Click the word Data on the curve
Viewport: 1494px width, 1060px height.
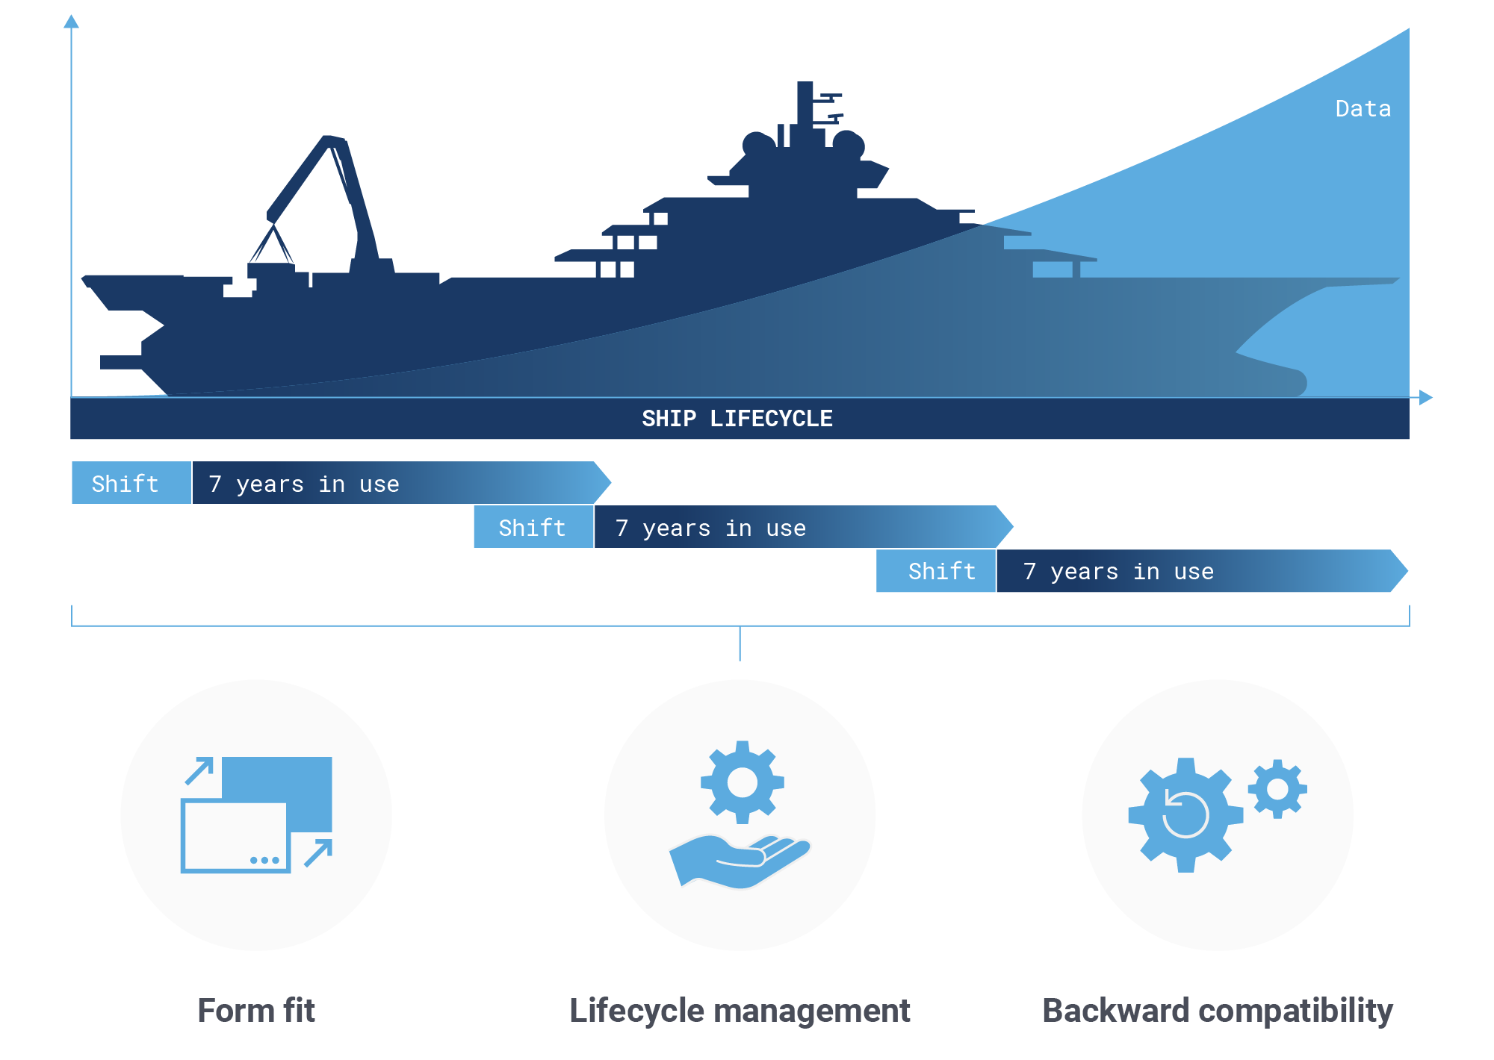[1363, 109]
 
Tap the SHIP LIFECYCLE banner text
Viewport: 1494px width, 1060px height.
[737, 419]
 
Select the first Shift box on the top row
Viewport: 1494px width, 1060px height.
[125, 484]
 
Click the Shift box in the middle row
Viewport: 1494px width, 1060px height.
[533, 528]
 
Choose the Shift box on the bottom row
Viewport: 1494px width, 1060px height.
[942, 571]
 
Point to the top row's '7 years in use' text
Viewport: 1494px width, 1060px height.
[304, 484]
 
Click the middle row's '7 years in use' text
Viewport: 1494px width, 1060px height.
[710, 528]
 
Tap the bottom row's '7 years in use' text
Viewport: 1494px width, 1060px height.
[1118, 572]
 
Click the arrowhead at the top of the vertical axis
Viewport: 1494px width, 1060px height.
[71, 22]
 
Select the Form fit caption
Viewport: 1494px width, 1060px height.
[256, 1011]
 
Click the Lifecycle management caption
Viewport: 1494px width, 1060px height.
[740, 1011]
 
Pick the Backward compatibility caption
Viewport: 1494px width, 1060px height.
[1218, 1011]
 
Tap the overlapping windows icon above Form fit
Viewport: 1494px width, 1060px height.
[257, 814]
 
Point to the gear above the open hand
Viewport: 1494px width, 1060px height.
[742, 782]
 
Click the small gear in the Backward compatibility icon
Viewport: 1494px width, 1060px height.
[1277, 789]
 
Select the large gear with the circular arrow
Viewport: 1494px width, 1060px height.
[1185, 815]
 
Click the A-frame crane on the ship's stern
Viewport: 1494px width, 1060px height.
[321, 179]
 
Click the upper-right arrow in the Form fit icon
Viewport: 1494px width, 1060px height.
[200, 770]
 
